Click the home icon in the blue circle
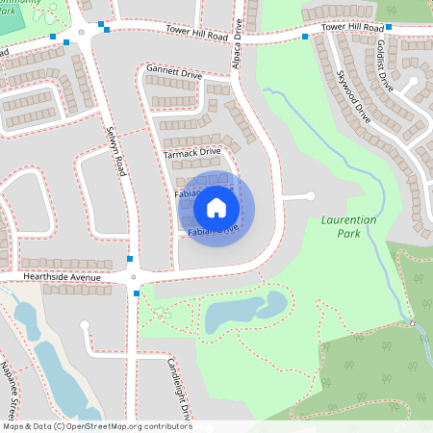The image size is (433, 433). [x=216, y=208]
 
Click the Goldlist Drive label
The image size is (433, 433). [x=386, y=66]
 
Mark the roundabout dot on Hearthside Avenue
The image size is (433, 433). [x=134, y=277]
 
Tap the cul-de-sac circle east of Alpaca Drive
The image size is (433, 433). [x=310, y=196]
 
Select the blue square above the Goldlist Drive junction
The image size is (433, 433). [x=390, y=27]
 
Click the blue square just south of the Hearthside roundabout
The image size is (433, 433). [x=137, y=293]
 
